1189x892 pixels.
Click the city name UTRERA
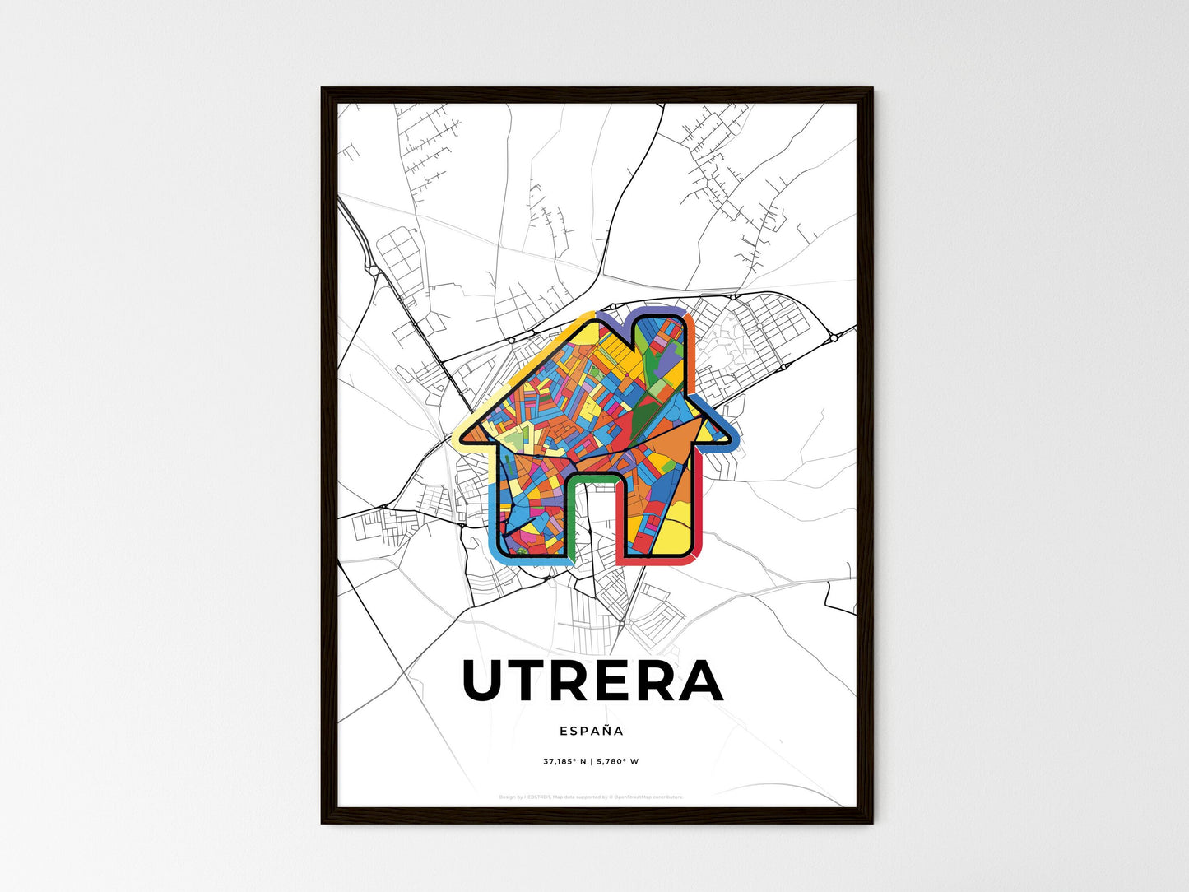coord(592,681)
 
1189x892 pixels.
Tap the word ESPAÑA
coord(592,731)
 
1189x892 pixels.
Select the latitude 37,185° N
coord(564,761)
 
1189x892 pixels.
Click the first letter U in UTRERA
coord(484,681)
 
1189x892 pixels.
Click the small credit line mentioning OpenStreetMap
coord(592,797)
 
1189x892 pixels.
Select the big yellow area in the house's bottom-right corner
coord(675,531)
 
